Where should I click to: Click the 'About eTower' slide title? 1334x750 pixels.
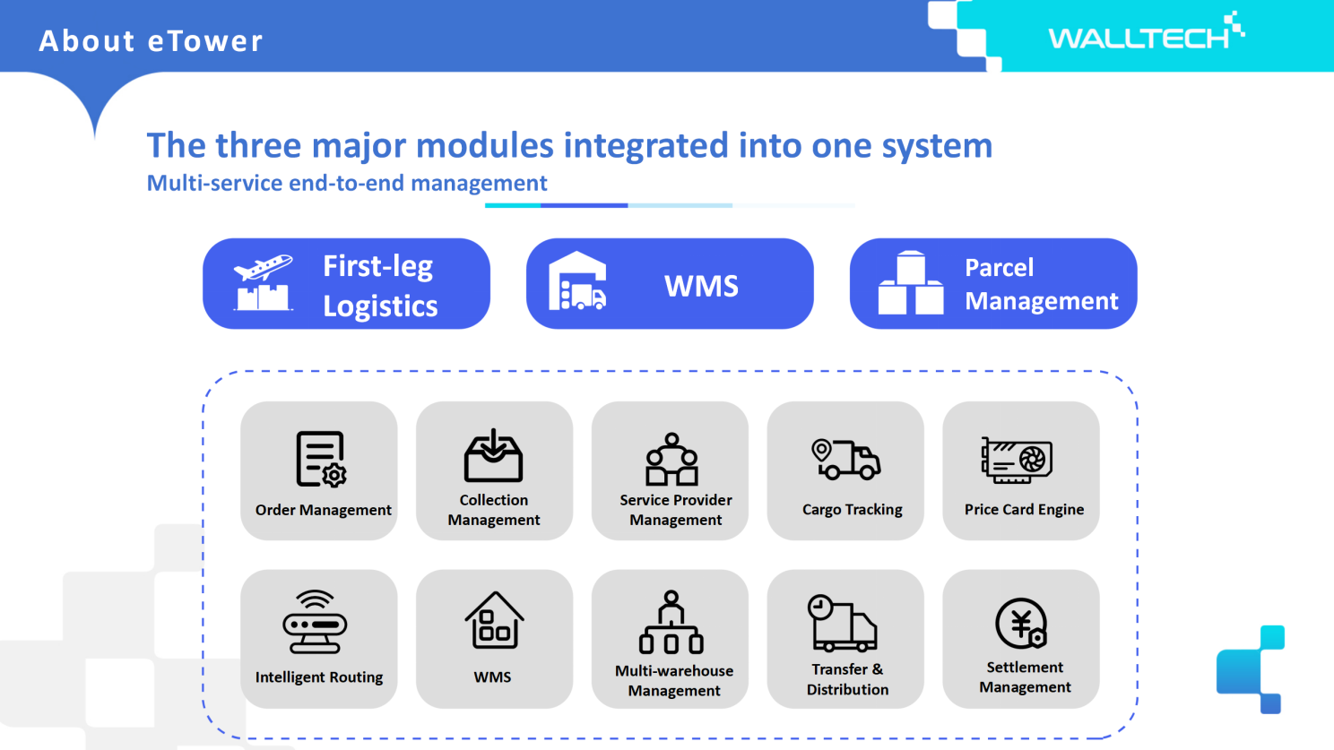(151, 41)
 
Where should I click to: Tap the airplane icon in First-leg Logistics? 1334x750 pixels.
(263, 268)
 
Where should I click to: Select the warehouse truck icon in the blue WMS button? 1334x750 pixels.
(577, 282)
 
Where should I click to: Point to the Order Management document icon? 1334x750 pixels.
(321, 459)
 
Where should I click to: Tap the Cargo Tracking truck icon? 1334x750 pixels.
(845, 459)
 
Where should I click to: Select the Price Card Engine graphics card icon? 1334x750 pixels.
(1017, 461)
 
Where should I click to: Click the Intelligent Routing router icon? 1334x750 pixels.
(315, 622)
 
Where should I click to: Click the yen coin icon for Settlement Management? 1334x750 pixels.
(1021, 623)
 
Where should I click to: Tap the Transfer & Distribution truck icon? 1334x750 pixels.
(842, 623)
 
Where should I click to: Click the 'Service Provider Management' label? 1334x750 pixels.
(675, 510)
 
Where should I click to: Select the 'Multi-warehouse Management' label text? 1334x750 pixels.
(674, 680)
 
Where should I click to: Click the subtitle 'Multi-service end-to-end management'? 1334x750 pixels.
(346, 183)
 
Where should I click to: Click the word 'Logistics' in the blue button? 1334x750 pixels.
(380, 306)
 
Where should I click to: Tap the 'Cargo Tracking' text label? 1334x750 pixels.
(852, 509)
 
